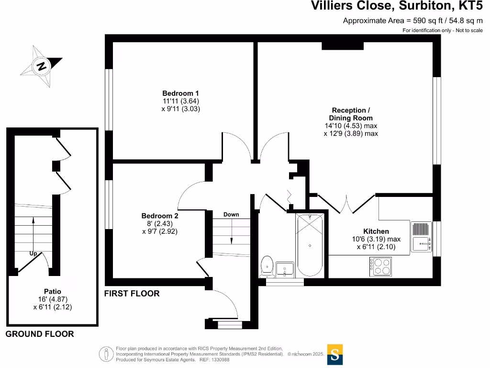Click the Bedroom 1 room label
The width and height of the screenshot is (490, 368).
(x=180, y=93)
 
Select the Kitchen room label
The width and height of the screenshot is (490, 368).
(x=376, y=231)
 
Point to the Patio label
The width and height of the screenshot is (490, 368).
(x=52, y=291)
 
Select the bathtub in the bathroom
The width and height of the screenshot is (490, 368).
(x=311, y=245)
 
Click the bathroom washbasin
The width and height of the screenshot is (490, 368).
(x=285, y=269)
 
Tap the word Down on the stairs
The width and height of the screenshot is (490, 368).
(x=231, y=214)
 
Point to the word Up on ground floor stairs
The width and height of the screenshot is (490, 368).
(x=33, y=253)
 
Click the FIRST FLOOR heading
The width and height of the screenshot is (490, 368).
(x=132, y=294)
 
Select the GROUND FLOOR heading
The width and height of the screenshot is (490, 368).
(x=40, y=334)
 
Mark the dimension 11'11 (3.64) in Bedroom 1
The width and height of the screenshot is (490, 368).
(x=180, y=101)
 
